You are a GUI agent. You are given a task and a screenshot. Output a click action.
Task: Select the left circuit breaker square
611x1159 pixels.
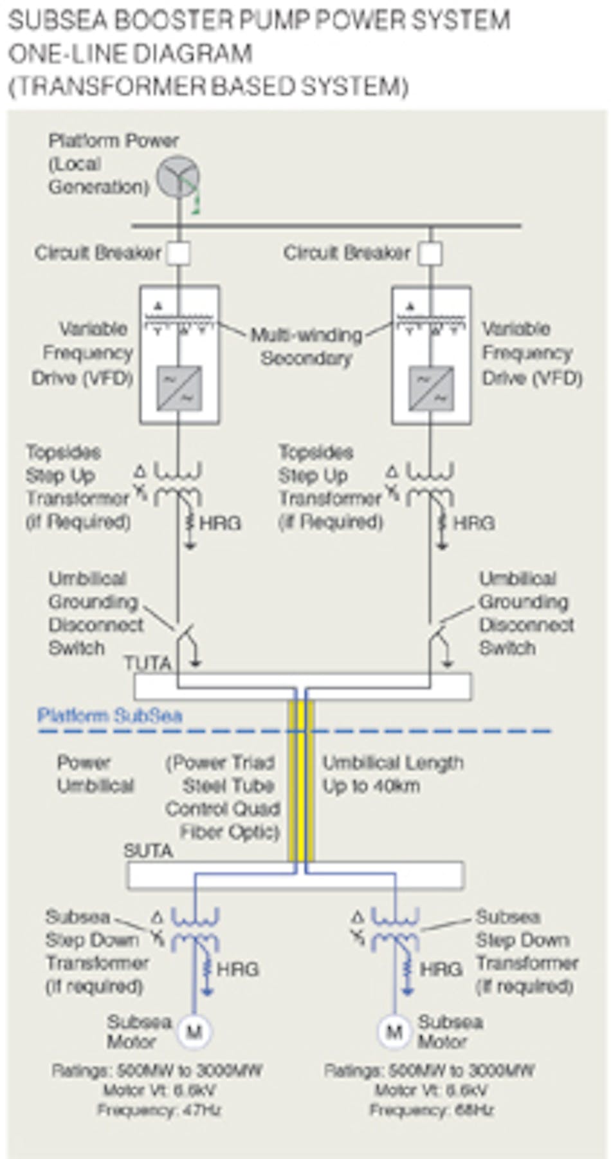(x=178, y=253)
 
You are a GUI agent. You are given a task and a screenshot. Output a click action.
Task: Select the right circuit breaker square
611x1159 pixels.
(x=430, y=253)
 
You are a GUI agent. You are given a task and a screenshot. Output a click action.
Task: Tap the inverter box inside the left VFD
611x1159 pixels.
(x=179, y=388)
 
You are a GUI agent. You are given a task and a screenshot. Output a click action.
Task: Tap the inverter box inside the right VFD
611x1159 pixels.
(x=430, y=388)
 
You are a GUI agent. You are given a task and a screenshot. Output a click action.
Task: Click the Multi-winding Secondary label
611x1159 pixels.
(x=306, y=346)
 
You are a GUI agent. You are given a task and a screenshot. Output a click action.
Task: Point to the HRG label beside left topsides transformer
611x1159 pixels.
(x=221, y=523)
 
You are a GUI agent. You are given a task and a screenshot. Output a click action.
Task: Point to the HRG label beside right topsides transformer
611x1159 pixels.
(x=474, y=523)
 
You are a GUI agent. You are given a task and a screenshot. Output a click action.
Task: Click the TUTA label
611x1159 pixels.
(x=147, y=663)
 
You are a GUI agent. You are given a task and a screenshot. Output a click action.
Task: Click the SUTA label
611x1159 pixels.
(x=148, y=851)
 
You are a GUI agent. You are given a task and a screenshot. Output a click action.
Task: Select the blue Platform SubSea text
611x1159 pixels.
(x=109, y=716)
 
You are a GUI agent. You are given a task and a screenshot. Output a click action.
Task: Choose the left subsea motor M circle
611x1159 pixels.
(x=194, y=1032)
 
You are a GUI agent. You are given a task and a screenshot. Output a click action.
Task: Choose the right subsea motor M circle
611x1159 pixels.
(x=394, y=1032)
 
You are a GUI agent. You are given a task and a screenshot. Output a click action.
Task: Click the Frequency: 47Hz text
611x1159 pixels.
(x=159, y=1110)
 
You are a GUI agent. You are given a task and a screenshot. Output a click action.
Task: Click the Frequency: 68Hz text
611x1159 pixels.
(x=431, y=1110)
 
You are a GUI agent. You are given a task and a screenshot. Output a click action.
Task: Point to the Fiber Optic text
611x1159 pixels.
(x=230, y=831)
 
